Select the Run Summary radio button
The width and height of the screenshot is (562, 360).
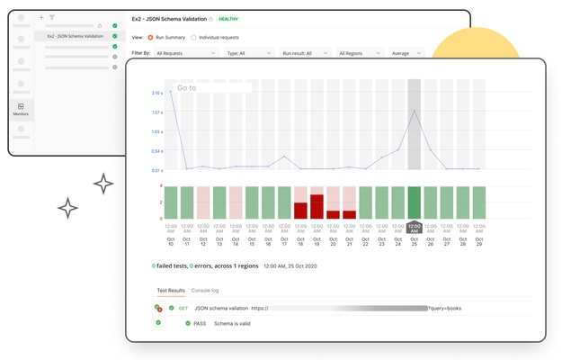[150, 37]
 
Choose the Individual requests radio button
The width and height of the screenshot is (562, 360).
[193, 37]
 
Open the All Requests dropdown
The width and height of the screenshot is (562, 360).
[185, 53]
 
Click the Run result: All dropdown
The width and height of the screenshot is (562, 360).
[304, 53]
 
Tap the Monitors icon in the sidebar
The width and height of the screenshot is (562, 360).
[21, 109]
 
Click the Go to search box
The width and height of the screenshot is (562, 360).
[214, 88]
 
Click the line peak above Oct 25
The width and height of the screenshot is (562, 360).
[414, 112]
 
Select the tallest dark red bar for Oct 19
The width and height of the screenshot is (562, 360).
[317, 206]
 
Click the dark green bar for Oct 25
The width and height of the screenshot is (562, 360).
[414, 202]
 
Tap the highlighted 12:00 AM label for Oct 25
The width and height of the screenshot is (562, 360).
[414, 227]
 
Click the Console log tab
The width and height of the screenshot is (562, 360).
[205, 291]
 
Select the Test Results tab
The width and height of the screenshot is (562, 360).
[171, 291]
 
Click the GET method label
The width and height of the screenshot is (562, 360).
[183, 308]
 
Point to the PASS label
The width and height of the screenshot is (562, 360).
[201, 322]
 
